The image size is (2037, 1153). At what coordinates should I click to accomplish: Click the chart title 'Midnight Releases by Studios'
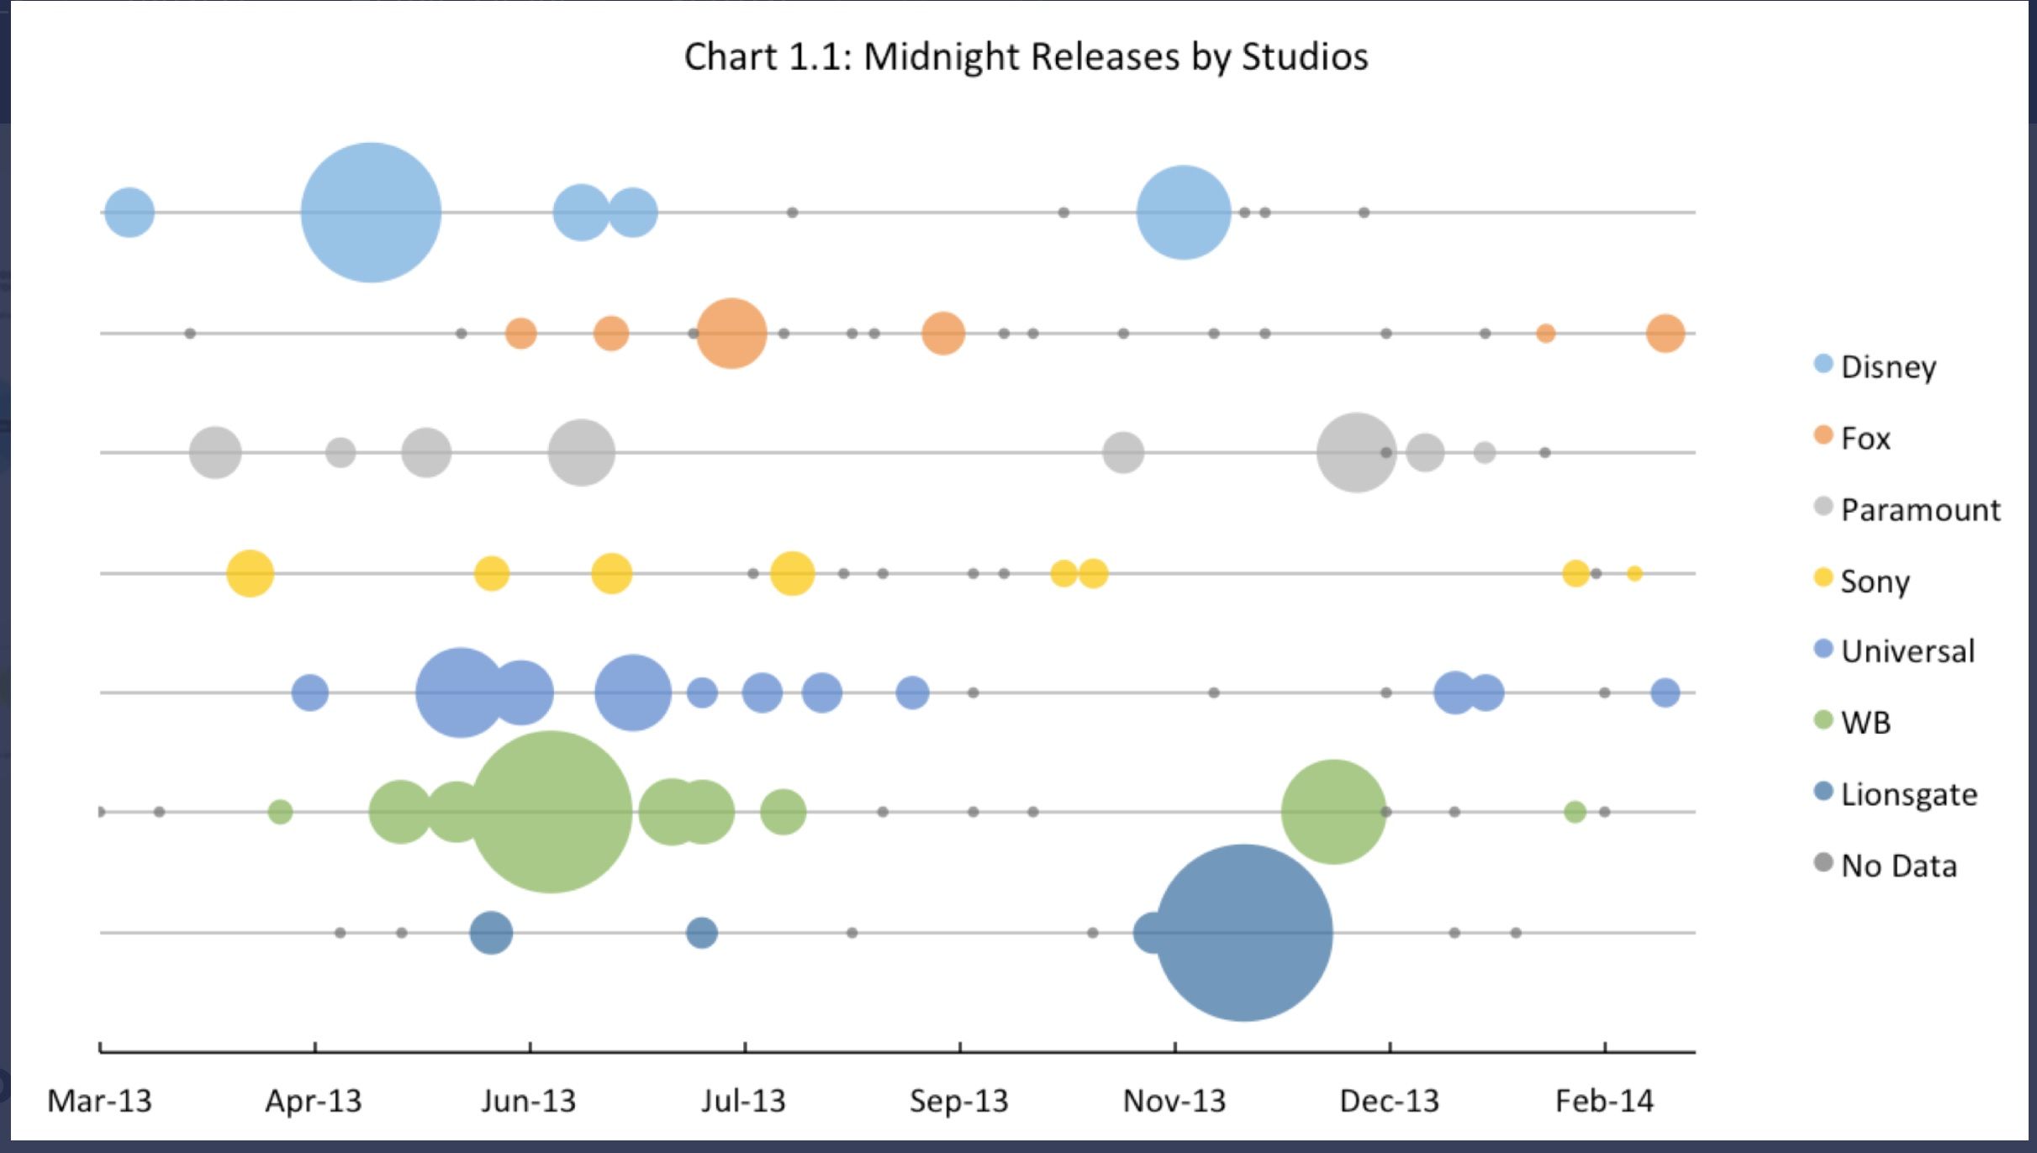(x=1026, y=57)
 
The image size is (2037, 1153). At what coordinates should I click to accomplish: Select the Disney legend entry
(x=1887, y=366)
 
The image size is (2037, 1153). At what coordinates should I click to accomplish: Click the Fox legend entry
(x=1865, y=438)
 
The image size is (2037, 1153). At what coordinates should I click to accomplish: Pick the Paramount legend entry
(x=1919, y=509)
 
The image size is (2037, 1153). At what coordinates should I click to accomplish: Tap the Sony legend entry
(x=1874, y=581)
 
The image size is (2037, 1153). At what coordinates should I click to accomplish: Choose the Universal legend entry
(x=1907, y=651)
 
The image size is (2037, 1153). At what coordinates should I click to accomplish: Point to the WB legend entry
(x=1865, y=723)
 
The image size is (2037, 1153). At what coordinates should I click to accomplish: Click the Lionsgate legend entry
(x=1908, y=794)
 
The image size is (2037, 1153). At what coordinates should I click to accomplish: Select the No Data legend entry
(x=1897, y=866)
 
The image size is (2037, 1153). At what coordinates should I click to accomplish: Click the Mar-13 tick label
(x=99, y=1101)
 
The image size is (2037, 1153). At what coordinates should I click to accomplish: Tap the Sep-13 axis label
(x=958, y=1101)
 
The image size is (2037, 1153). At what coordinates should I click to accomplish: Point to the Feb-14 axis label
(x=1604, y=1101)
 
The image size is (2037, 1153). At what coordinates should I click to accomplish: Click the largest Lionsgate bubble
(x=1243, y=933)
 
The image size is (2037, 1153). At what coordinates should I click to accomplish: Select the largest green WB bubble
(x=550, y=812)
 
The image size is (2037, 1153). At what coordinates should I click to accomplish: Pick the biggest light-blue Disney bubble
(x=371, y=213)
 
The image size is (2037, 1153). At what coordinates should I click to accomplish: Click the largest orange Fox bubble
(x=731, y=334)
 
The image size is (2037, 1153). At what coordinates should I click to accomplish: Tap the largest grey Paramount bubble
(x=1356, y=453)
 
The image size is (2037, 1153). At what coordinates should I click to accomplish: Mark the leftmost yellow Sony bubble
(x=250, y=574)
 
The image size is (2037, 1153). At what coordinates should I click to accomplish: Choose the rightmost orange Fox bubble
(x=1665, y=334)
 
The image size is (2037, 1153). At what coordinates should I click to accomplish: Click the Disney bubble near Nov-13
(x=1183, y=213)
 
